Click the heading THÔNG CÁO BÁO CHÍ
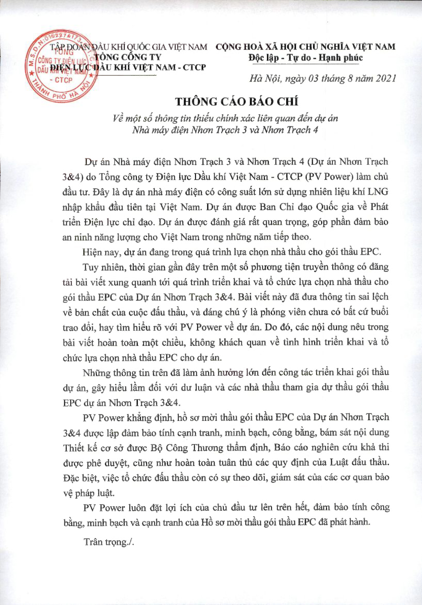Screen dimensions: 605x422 pos(237,102)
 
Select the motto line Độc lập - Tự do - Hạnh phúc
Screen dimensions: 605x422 pos(305,57)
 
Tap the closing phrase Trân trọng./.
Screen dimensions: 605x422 pos(109,542)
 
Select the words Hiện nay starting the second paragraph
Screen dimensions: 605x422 pos(101,252)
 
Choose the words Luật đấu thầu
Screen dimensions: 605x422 pos(359,463)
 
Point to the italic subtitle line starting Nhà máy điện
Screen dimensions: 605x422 pos(225,130)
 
